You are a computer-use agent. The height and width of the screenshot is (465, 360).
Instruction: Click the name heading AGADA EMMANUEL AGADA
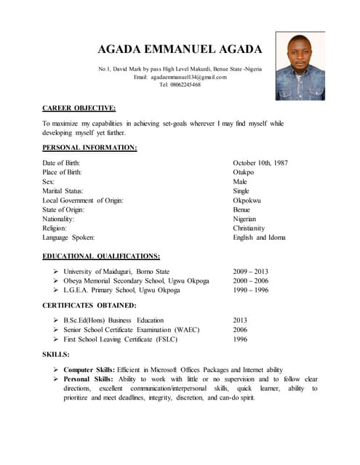(x=180, y=49)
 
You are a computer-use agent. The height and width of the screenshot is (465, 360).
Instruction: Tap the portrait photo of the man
(x=300, y=67)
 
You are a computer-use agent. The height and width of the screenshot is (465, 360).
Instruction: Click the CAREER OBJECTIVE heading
(x=79, y=108)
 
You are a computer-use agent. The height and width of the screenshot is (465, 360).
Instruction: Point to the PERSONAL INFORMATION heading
(x=89, y=147)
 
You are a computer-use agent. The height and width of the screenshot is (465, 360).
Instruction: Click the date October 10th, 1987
(x=260, y=163)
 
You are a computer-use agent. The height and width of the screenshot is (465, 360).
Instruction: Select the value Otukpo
(x=243, y=172)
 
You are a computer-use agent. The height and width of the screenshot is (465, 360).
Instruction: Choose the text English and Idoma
(x=259, y=238)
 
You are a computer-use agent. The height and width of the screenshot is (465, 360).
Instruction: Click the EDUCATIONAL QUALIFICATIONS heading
(x=101, y=256)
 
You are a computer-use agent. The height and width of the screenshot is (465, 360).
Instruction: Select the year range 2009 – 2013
(x=250, y=271)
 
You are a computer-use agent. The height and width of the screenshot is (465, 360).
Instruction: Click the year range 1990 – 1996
(x=250, y=290)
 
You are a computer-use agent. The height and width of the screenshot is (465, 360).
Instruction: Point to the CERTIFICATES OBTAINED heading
(x=89, y=305)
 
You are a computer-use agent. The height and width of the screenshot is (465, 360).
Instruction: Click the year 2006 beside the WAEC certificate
(x=240, y=329)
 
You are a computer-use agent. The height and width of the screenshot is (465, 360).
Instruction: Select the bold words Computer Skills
(x=88, y=370)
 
